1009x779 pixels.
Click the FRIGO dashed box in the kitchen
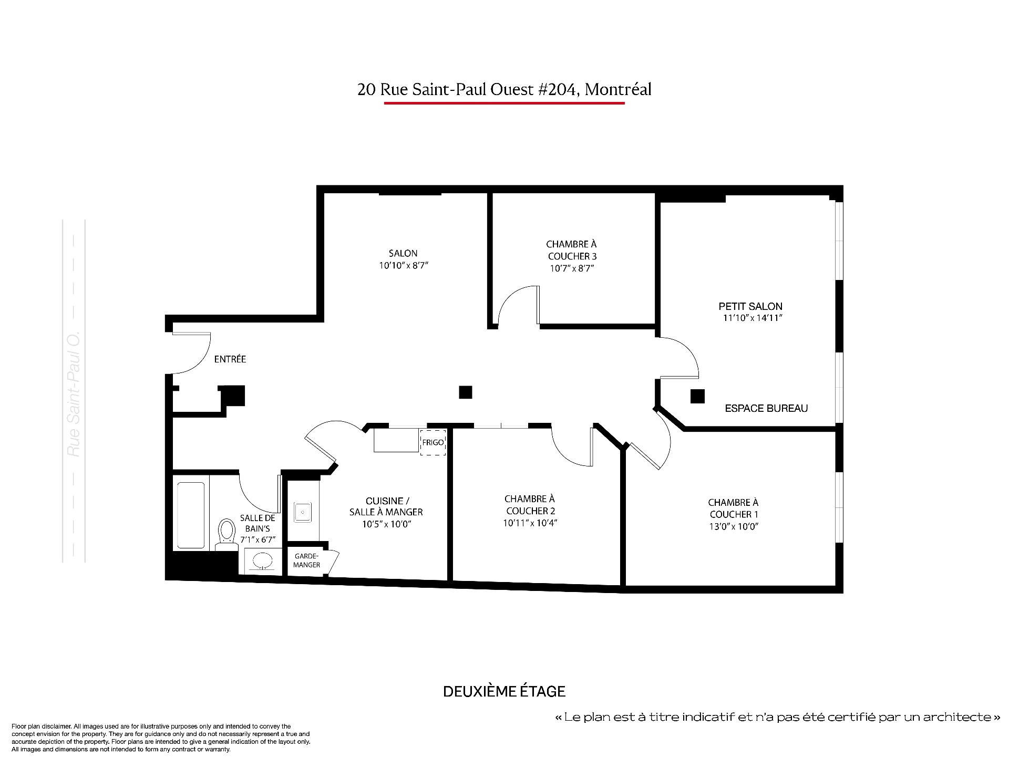(433, 442)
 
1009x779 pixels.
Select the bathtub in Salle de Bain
(191, 515)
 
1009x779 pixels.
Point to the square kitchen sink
(303, 512)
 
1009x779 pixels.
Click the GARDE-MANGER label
(307, 560)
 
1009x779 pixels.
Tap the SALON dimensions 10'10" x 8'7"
(404, 266)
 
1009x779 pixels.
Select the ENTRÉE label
(230, 359)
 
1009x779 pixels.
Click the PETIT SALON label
(750, 306)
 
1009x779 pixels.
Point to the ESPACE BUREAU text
(766, 408)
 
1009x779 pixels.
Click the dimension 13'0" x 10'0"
(733, 527)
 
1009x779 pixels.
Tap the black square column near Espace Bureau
(697, 396)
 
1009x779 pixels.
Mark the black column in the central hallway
(465, 392)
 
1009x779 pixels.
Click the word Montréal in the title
(618, 89)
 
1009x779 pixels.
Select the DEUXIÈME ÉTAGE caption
(504, 691)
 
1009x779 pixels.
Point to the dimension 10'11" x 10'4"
(530, 523)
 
